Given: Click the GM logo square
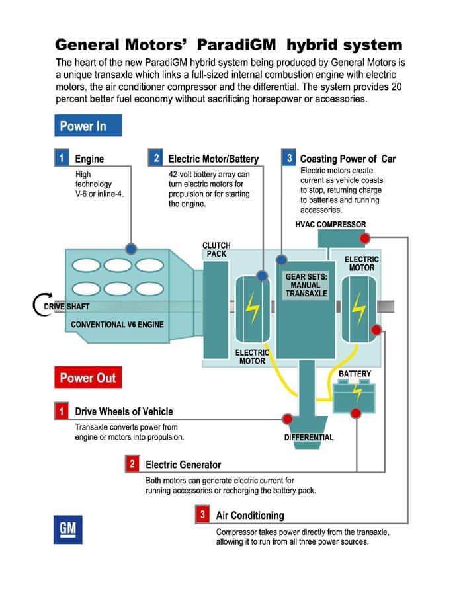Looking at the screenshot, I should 68,529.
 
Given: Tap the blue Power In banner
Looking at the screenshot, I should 88,126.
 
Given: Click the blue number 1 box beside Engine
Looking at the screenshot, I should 61,159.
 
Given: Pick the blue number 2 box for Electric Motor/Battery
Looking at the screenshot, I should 156,159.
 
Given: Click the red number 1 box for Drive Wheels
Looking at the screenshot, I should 61,411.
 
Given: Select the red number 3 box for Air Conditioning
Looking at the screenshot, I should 202,514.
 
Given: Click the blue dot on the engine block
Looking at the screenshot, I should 131,248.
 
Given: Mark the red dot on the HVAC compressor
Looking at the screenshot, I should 364,238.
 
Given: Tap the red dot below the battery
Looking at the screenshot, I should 356,413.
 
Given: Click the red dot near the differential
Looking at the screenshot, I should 287,419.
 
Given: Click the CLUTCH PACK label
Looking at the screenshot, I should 216,250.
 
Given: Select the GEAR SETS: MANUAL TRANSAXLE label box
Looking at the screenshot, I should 306,285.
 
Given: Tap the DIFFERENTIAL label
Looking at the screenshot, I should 309,437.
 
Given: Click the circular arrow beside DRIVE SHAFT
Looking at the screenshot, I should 39,306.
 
